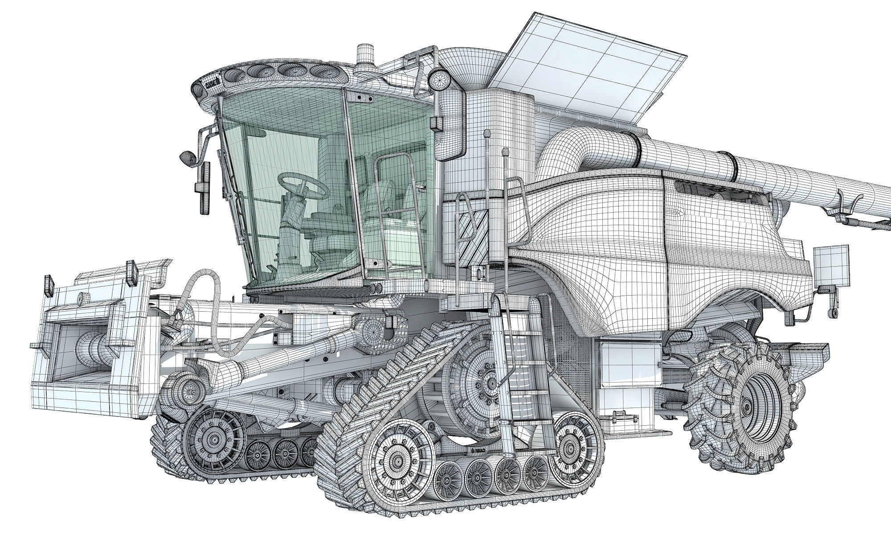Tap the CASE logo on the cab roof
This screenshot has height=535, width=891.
pyautogui.click(x=213, y=83)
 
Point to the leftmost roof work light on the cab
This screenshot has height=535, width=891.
pyautogui.click(x=231, y=77)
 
